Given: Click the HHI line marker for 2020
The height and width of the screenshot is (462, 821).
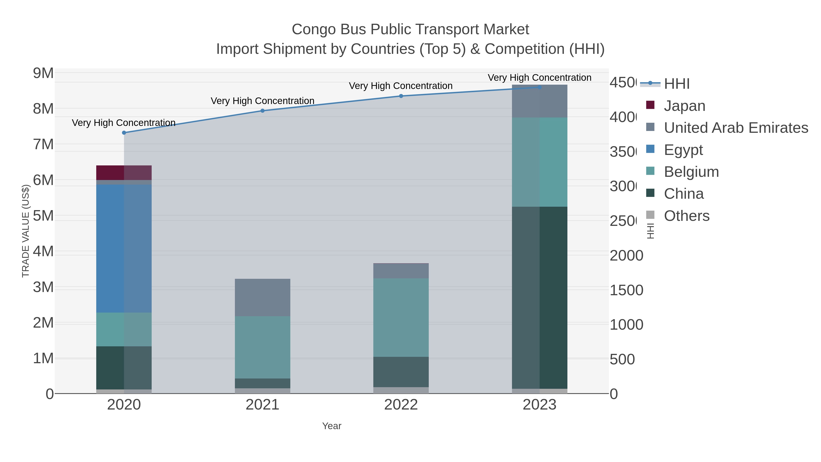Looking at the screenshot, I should coord(124,133).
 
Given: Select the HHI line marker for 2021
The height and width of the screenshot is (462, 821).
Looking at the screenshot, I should coord(263,111).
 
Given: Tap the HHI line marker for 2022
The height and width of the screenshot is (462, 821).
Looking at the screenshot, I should coord(401,96).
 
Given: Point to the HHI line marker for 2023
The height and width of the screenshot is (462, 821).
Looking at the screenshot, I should coord(540,87).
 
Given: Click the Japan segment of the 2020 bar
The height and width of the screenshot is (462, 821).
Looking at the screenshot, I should coord(124,172).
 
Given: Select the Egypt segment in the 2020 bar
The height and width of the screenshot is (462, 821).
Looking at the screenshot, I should coord(124,248).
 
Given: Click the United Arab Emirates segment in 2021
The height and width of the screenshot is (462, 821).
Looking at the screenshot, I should coord(263,298).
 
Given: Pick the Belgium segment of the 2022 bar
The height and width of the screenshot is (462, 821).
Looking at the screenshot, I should coord(401,317).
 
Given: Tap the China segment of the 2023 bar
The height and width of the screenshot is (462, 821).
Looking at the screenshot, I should coord(540,298).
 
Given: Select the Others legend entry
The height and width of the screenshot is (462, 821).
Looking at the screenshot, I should coord(686,216).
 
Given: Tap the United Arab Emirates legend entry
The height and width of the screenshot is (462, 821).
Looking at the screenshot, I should coord(735,128).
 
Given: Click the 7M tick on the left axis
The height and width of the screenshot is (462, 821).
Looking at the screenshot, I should coord(43,144).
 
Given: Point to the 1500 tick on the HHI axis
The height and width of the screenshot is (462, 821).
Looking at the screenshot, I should coord(626,290).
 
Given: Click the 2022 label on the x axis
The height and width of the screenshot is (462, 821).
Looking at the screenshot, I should coord(401,405).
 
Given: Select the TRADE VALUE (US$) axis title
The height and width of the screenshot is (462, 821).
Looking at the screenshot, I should coord(26,231).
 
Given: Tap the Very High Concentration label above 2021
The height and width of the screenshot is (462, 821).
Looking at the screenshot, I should coord(263,101).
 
